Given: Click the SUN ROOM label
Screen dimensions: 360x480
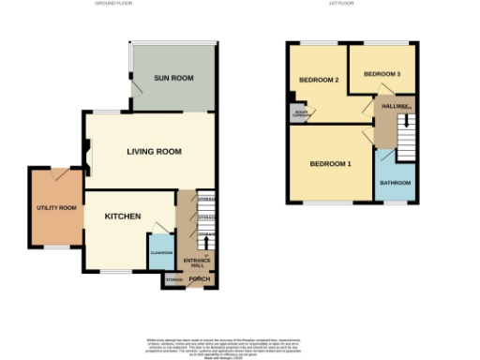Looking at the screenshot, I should (x=175, y=78).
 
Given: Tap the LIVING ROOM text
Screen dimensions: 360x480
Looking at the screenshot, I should (x=155, y=151).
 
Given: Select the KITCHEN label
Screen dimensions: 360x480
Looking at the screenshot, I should (x=122, y=217).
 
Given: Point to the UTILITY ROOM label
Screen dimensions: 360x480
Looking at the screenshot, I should (x=56, y=207).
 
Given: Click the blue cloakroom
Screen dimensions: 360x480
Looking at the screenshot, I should (x=158, y=251).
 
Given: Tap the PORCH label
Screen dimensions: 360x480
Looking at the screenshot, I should (x=200, y=279).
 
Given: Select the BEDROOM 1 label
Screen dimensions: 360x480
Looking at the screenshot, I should (x=330, y=165).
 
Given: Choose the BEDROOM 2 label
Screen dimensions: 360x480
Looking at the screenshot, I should (x=319, y=80).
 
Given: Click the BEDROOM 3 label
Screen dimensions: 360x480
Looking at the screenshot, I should (x=382, y=73).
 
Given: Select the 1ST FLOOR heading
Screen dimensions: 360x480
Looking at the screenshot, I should (x=340, y=4).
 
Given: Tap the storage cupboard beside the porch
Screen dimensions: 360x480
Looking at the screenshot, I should (x=173, y=279).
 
